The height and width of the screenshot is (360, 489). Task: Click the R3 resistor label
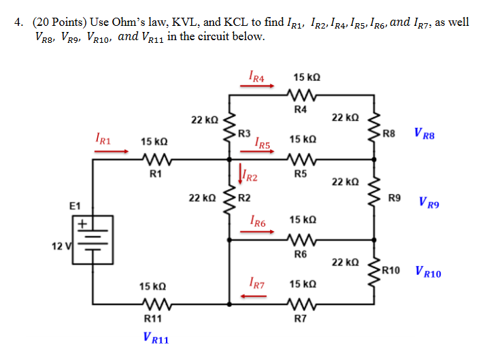245,132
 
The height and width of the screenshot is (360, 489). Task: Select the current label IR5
263,143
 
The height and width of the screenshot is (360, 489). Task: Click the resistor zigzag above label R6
300,240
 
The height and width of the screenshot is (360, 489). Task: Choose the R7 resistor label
301,318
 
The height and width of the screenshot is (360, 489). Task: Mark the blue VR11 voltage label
156,337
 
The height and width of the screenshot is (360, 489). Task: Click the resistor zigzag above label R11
156,304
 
